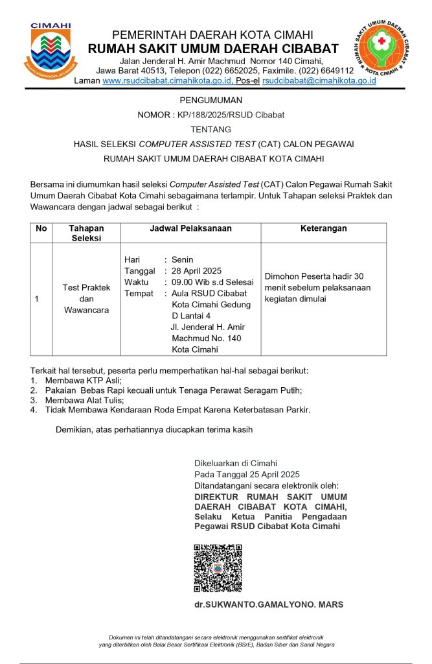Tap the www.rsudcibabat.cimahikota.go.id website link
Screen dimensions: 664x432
(167, 80)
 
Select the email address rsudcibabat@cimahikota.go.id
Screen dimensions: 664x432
(319, 80)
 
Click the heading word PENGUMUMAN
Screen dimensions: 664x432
(211, 101)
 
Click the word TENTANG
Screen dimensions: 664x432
(211, 130)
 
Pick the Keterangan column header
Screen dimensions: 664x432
(323, 228)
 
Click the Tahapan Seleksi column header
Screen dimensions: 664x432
(86, 233)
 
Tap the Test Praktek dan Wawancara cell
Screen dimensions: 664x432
(86, 299)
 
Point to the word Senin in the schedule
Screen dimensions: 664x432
(183, 260)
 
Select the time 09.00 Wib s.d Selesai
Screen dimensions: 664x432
(212, 282)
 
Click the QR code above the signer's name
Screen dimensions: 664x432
(218, 568)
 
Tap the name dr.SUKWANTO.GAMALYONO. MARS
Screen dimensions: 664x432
(269, 604)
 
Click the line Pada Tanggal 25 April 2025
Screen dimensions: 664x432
(247, 474)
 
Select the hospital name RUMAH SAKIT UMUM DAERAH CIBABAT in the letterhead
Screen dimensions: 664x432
(213, 49)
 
